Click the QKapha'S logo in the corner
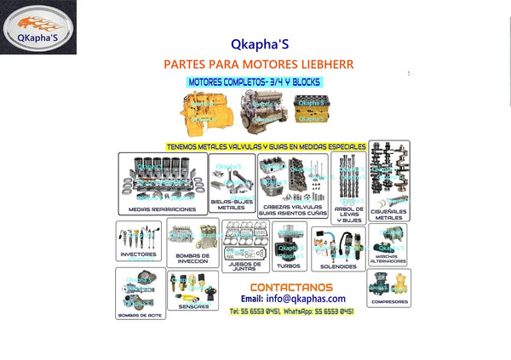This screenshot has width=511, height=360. point(38,27)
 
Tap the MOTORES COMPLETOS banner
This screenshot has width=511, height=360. point(254,83)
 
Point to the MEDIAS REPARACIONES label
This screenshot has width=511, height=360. point(158,208)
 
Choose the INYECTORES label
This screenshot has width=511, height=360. point(138,254)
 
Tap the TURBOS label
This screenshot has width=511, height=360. point(289,265)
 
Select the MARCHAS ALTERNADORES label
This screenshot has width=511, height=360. point(388,259)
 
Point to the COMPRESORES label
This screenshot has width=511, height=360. point(389,300)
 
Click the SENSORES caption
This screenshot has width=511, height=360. point(194,306)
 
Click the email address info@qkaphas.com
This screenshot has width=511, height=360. point(293,299)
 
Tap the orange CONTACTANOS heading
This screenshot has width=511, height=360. point(292,287)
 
